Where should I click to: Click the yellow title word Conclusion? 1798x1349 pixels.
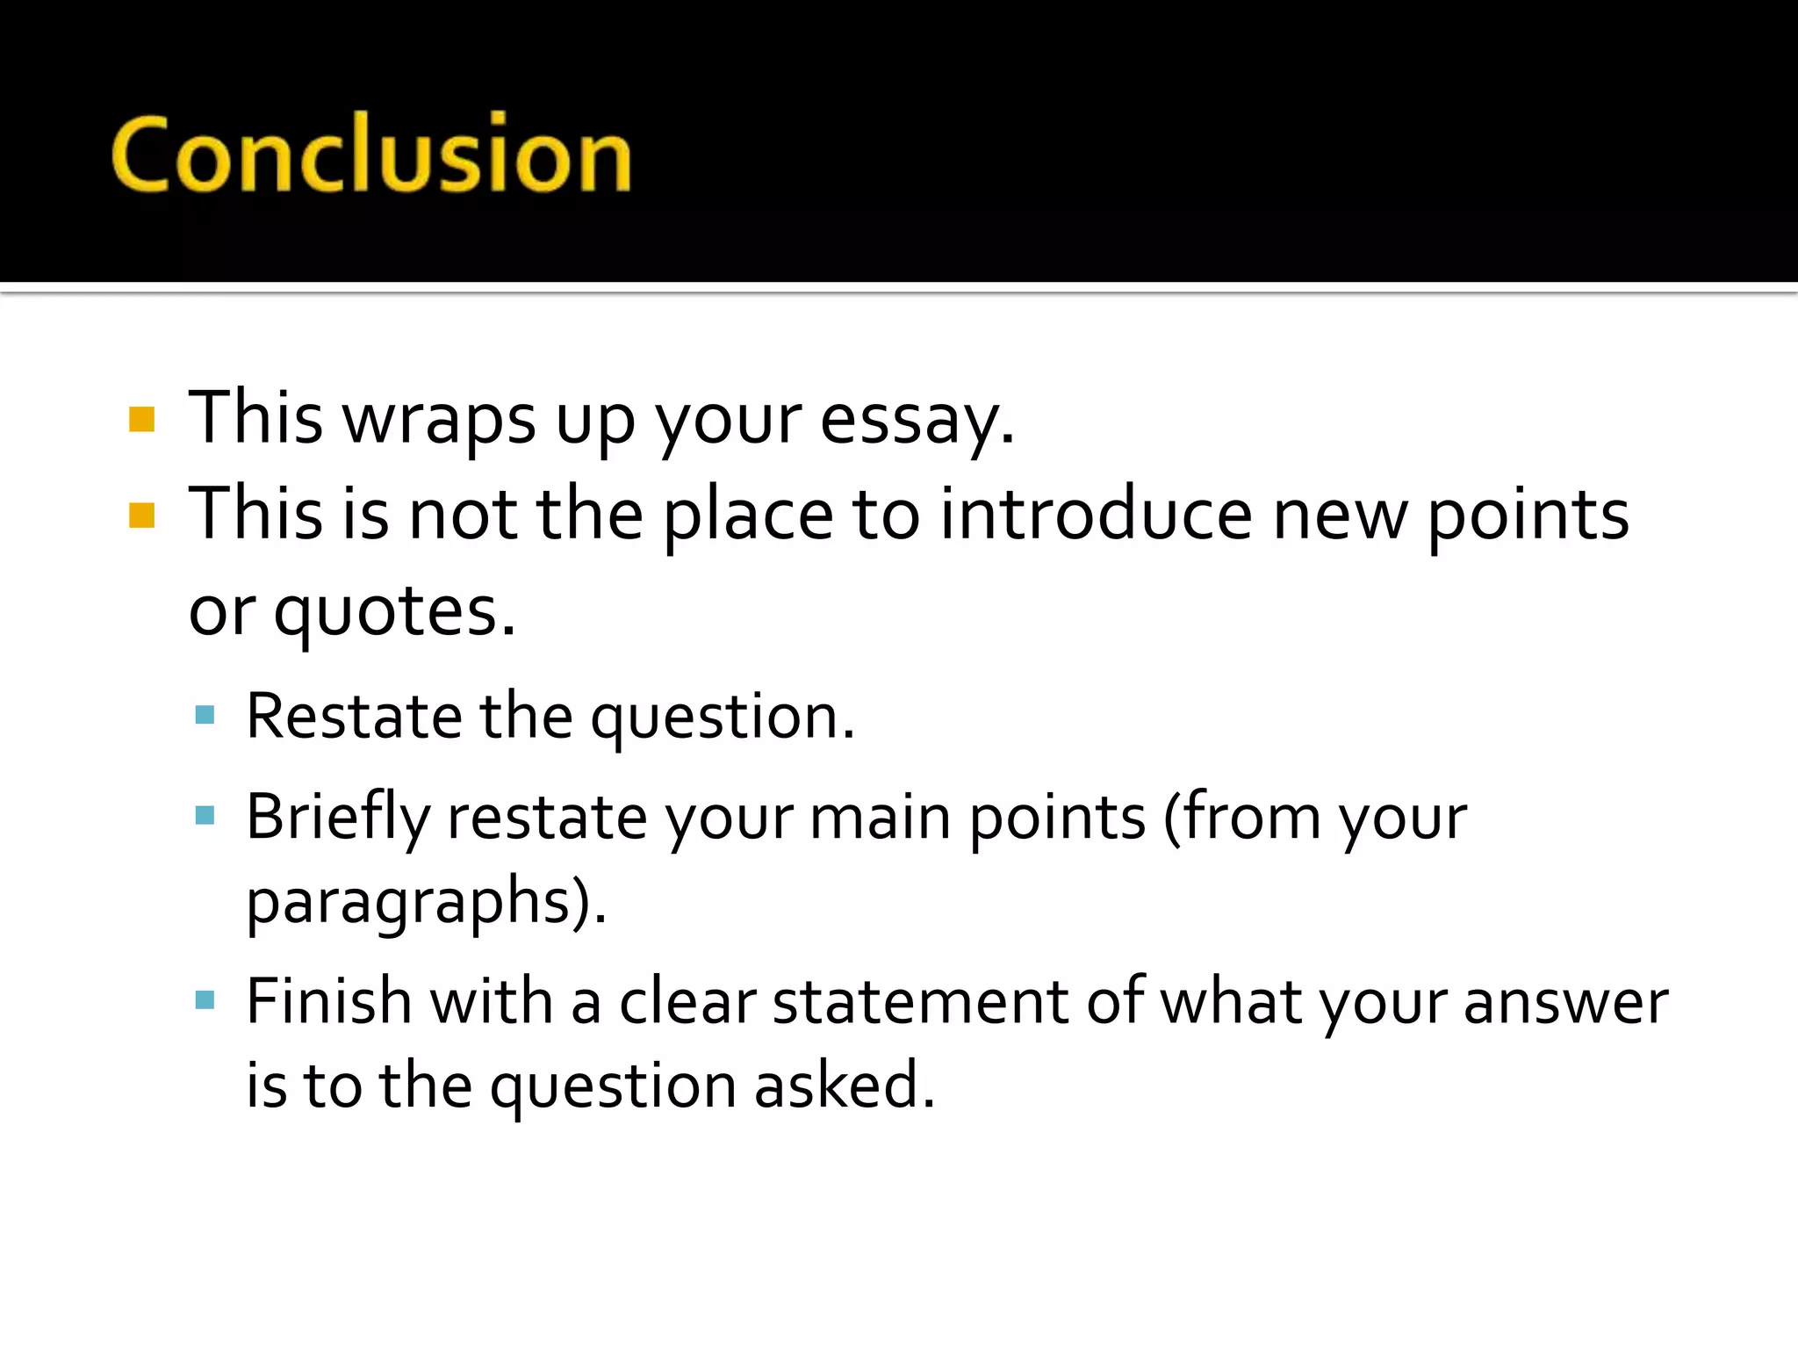[370, 155]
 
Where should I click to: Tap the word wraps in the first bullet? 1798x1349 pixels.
[438, 419]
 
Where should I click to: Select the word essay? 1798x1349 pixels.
[917, 419]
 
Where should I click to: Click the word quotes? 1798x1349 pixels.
[394, 612]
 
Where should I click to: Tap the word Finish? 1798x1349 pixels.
[328, 1001]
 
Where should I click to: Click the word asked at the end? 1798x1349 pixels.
[844, 1086]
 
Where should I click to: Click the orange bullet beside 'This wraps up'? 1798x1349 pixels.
[141, 420]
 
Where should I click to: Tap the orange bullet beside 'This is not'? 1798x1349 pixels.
[141, 516]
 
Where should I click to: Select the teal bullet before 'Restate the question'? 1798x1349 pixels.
[205, 715]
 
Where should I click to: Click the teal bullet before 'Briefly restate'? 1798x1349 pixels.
[205, 816]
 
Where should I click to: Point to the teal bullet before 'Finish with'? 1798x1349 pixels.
[205, 999]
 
